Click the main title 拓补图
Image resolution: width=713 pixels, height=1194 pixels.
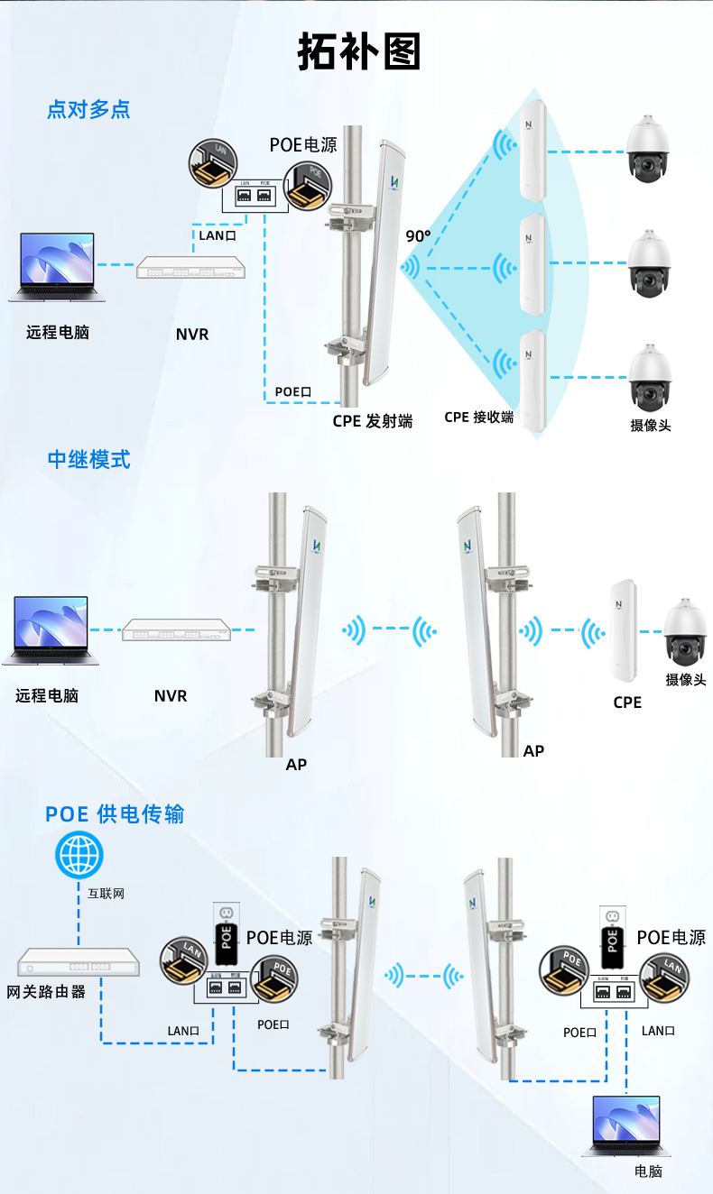[x=359, y=53]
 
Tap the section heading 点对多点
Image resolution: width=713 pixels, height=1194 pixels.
[x=88, y=109]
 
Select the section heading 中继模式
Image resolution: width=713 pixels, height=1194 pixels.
[x=88, y=459]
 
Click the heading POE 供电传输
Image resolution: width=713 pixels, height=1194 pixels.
[x=115, y=814]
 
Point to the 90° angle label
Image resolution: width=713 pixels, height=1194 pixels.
[x=418, y=236]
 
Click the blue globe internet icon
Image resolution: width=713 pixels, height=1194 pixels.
[x=79, y=854]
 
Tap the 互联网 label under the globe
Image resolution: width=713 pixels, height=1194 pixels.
[x=106, y=895]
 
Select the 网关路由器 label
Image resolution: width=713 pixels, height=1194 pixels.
[x=46, y=992]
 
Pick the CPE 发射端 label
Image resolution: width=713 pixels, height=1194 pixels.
[x=372, y=421]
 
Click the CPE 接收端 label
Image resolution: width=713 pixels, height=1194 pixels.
[x=478, y=418]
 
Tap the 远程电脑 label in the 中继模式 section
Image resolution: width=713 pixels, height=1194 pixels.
[x=47, y=695]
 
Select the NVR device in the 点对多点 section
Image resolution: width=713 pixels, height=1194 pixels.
[x=190, y=268]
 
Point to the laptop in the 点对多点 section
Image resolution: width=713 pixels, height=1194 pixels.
[x=57, y=267]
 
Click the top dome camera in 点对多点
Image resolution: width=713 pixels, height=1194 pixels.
[x=649, y=149]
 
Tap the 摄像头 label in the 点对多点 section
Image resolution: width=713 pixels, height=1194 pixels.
[x=650, y=425]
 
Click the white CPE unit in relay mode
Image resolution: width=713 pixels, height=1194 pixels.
[x=622, y=631]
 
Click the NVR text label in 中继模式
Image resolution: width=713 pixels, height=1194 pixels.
[x=170, y=695]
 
